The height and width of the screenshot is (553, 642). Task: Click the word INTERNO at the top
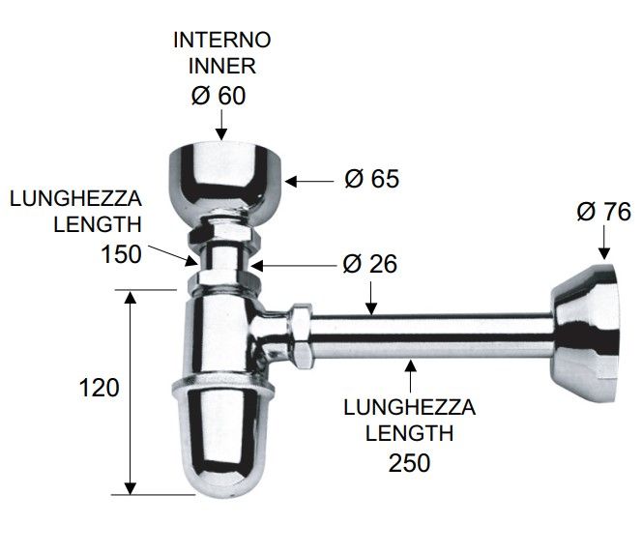[222, 40]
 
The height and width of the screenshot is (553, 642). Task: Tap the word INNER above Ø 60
[222, 66]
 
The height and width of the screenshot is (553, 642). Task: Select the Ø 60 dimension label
[219, 96]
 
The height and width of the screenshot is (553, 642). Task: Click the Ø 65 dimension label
[372, 179]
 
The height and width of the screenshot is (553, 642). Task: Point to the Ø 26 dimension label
[369, 264]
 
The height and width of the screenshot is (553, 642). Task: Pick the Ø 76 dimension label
[604, 212]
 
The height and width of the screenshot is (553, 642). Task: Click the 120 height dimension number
[99, 388]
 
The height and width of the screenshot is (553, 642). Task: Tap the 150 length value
[121, 254]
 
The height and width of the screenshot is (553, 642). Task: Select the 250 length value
[409, 463]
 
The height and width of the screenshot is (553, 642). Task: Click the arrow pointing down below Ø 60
[221, 126]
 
